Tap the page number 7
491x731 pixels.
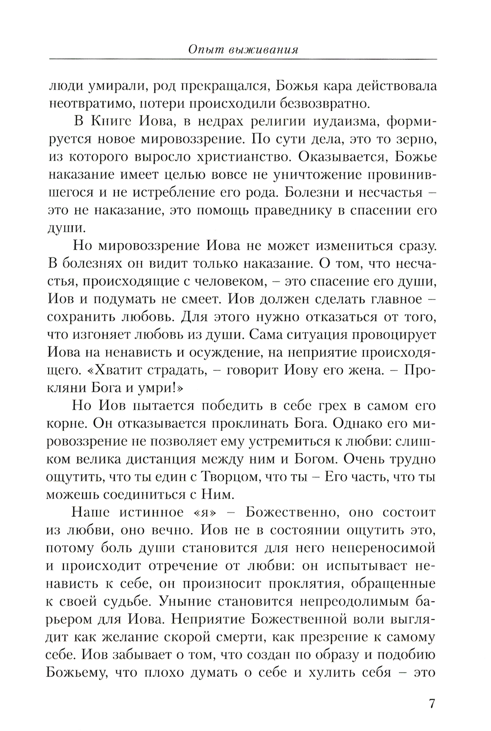click(x=432, y=703)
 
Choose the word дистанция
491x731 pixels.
click(x=230, y=459)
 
